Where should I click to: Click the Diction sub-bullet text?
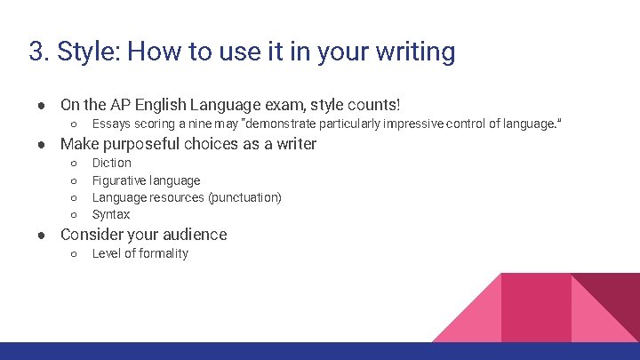coord(112,163)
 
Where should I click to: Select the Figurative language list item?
coord(146,180)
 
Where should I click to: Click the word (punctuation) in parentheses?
coord(244,197)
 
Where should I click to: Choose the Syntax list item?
coord(111,214)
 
